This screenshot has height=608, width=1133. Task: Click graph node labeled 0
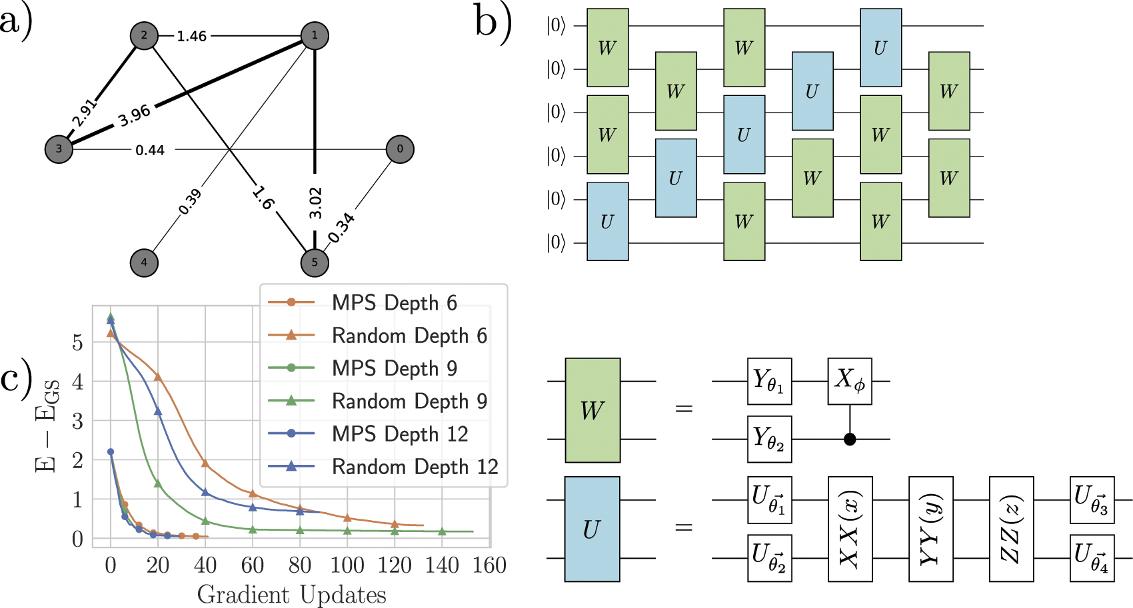400,149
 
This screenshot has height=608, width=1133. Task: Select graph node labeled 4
144,262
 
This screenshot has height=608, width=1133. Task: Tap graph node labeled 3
59,149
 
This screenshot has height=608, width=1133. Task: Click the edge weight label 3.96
135,116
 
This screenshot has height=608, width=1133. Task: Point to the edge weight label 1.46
191,36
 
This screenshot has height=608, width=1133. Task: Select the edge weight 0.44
150,151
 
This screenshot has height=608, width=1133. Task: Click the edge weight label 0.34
341,228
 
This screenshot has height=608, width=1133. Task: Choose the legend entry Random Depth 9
409,402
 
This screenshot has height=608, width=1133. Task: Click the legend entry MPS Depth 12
399,434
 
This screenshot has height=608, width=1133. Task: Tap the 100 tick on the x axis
347,565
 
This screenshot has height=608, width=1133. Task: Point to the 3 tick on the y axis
78,422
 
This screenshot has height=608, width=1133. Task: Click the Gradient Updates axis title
291,595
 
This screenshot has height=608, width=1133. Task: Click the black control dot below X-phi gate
850,440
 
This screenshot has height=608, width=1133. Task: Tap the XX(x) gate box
850,529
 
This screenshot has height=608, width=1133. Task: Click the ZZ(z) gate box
1011,529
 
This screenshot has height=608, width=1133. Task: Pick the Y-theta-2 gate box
769,440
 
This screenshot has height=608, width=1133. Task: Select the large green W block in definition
592,410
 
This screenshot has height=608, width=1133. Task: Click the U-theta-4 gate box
1092,558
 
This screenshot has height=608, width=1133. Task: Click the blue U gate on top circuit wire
880,48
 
